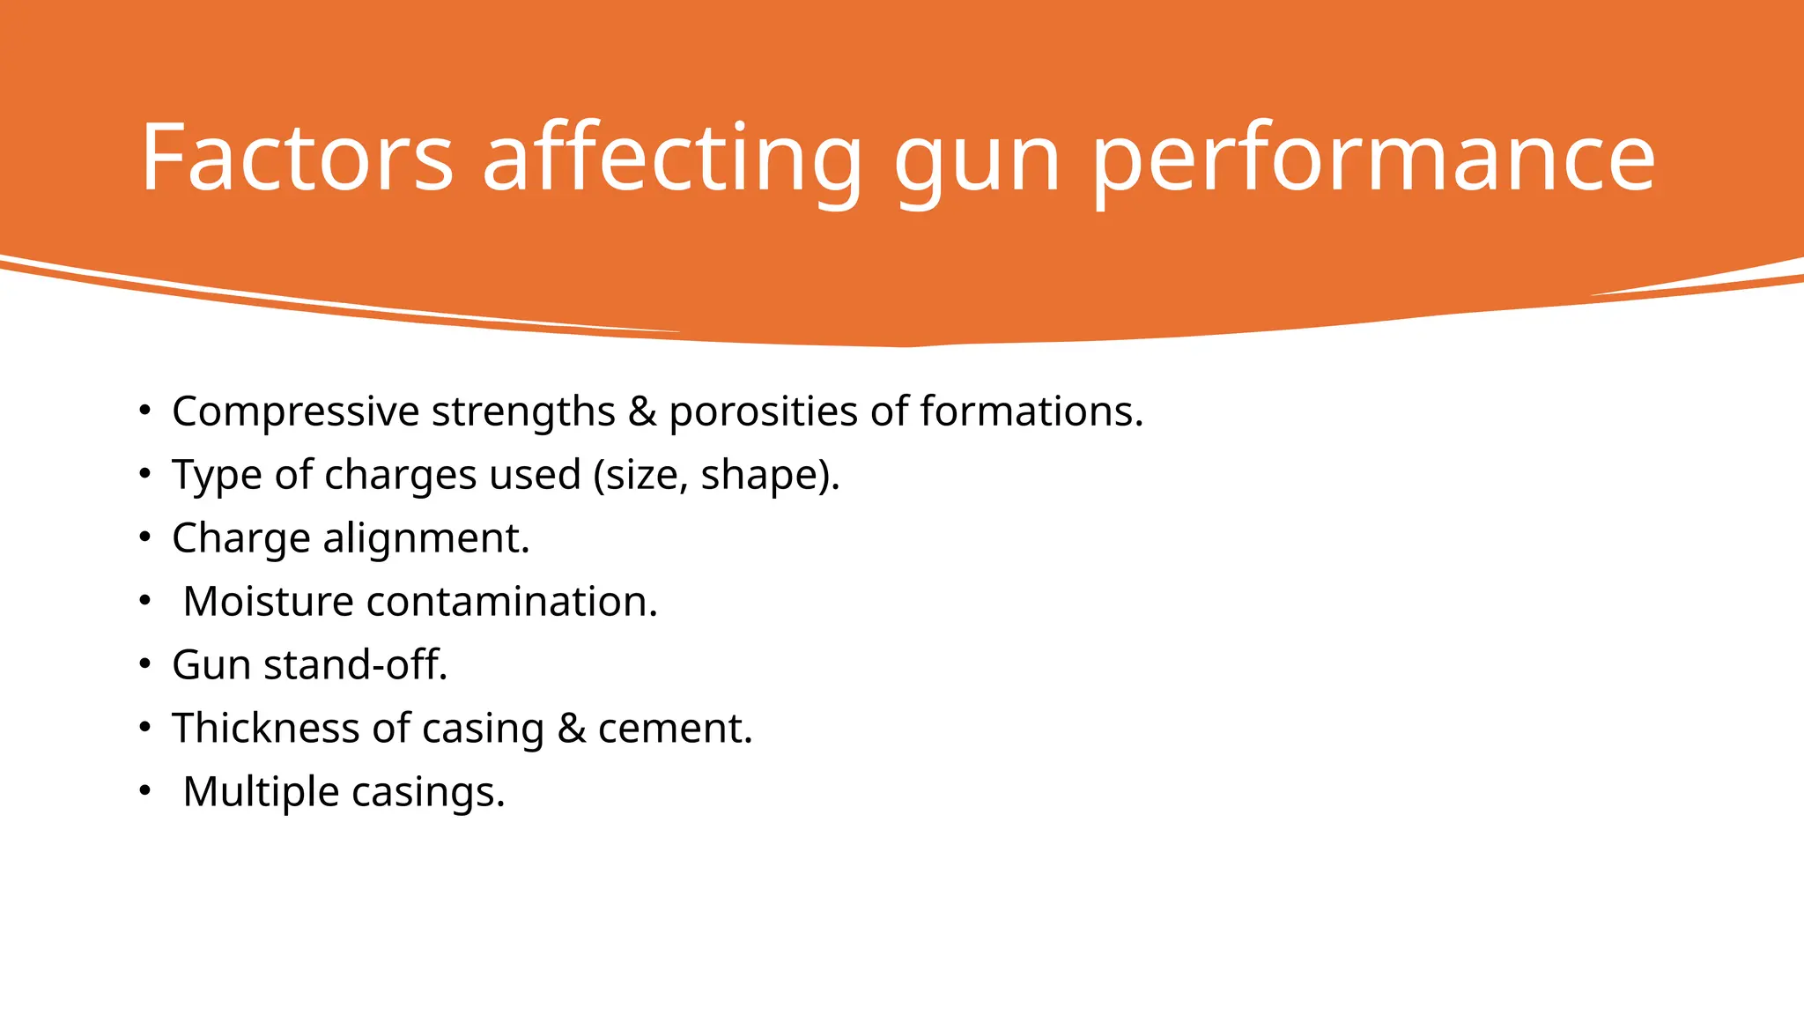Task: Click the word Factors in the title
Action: pos(296,158)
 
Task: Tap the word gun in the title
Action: pos(977,163)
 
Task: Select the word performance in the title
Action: pos(1374,163)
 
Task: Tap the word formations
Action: pos(1031,411)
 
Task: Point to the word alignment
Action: pos(426,538)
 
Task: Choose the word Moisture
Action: pos(268,602)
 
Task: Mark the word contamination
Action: pos(512,602)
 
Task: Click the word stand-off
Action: pos(356,665)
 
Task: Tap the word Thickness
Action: pos(265,729)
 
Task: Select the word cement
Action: pos(675,730)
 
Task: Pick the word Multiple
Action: pos(261,792)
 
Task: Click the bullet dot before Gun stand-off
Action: pos(145,665)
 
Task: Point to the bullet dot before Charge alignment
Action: pos(145,538)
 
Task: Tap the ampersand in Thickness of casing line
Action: pos(572,729)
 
